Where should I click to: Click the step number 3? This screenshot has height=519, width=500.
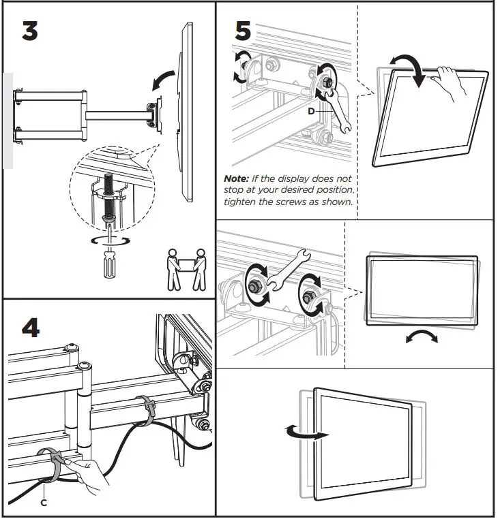pos(30,31)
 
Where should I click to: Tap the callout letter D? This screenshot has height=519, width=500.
pos(311,111)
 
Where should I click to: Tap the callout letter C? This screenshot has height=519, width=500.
pos(44,503)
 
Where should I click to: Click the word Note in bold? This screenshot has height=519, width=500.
pos(236,178)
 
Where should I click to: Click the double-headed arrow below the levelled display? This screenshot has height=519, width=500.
pos(422,337)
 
